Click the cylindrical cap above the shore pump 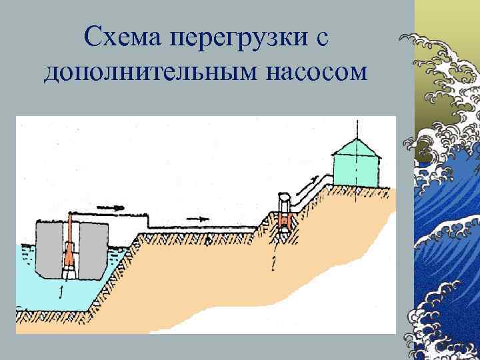[x=283, y=201]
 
